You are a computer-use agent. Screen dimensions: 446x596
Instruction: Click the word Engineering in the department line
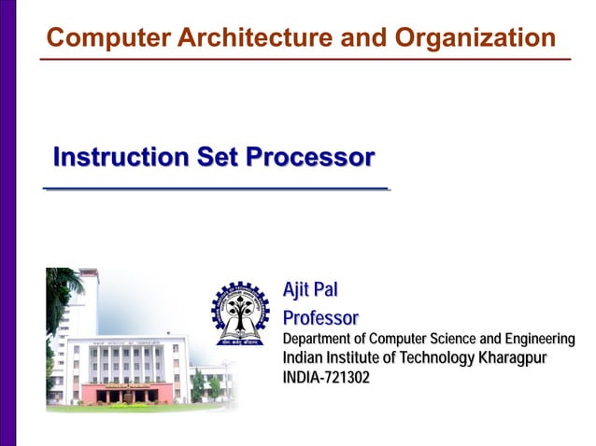click(x=541, y=339)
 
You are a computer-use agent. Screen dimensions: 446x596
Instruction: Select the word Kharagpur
click(x=512, y=358)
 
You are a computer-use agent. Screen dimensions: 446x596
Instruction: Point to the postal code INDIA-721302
click(x=326, y=378)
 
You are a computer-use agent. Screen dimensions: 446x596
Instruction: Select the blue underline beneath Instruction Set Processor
click(x=216, y=189)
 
